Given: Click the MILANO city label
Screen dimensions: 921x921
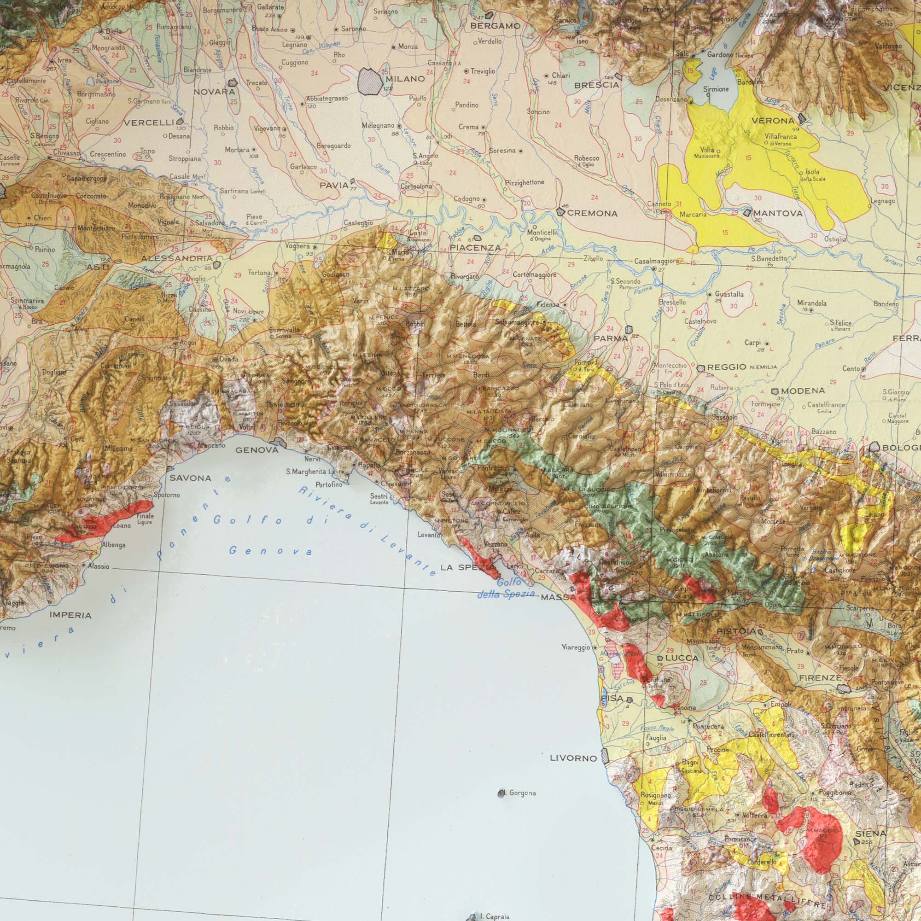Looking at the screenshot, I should [405, 79].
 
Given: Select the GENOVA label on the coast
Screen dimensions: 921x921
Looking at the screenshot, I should [257, 450].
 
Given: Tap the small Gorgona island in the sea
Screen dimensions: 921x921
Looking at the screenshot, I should [501, 793].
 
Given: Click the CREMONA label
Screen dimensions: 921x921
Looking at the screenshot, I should [593, 214].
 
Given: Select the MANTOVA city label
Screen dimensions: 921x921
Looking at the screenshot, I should [778, 214].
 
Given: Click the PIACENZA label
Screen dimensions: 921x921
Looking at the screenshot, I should [475, 248].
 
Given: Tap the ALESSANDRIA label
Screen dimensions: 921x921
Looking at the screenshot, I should [177, 258].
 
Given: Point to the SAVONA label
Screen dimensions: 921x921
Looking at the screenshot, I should [190, 478].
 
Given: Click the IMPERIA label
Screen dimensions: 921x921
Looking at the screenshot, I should [70, 615].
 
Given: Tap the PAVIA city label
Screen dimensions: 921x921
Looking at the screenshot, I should [334, 185].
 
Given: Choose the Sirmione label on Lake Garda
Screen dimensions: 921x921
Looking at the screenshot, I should [716, 89].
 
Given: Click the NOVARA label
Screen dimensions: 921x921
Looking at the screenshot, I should [214, 92].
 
